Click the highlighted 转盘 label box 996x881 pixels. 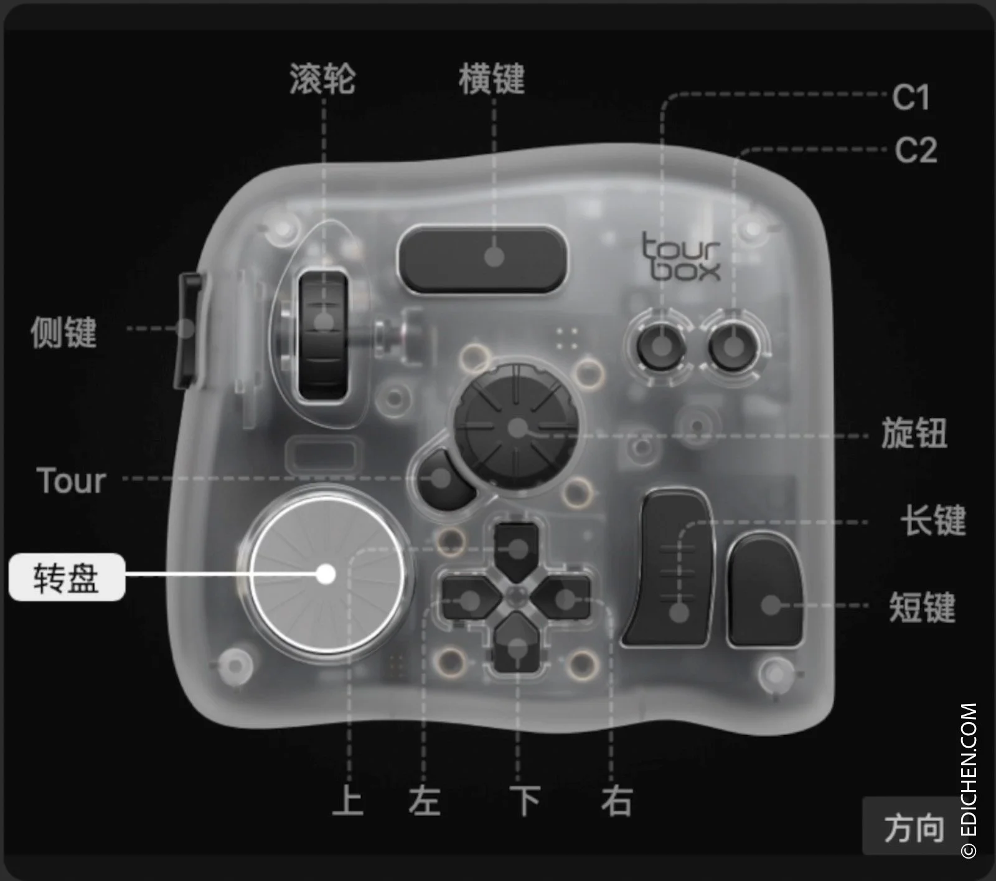(67, 577)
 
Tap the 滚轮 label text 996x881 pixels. (322, 79)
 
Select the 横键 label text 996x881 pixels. (492, 79)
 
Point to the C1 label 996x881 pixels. (911, 97)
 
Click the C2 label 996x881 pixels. (916, 150)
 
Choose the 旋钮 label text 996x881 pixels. (914, 433)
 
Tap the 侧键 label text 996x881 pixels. (64, 331)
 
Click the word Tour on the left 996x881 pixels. (71, 481)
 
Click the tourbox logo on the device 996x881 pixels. (681, 257)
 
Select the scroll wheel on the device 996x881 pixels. (323, 335)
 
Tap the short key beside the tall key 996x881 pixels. (766, 592)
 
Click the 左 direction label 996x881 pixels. (425, 801)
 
